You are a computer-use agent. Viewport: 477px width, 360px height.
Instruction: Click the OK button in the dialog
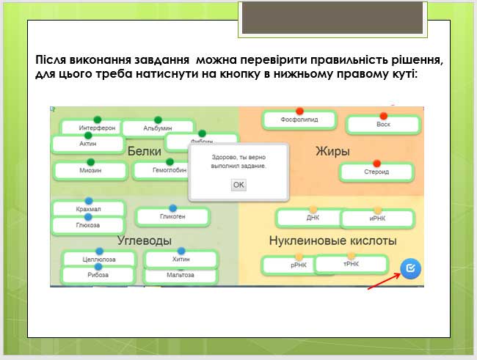coord(238,185)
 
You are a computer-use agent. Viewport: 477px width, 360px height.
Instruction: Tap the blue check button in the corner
coord(411,268)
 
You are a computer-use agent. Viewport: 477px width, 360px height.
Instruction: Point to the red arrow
coord(384,279)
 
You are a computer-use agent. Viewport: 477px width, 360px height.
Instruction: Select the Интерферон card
coord(98,128)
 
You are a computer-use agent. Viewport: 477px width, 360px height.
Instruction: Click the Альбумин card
coord(157,128)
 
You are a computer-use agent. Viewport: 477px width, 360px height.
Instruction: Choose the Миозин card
coord(91,170)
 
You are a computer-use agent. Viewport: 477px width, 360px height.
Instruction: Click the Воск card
coord(382,125)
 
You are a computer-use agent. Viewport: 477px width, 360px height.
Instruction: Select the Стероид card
coord(376,172)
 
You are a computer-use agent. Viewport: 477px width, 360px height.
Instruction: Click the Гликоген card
coord(172,216)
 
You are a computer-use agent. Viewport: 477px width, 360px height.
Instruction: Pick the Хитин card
coord(181,260)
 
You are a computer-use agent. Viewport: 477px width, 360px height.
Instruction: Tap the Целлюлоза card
coord(99,260)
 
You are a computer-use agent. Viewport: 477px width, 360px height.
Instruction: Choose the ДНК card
coord(313,218)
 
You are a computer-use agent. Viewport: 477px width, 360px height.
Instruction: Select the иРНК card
coord(378,218)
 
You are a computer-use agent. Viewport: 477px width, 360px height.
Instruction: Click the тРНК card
coord(351,264)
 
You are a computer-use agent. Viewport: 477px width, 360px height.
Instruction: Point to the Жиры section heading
coord(332,151)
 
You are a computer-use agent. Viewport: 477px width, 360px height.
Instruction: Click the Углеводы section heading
coord(144,240)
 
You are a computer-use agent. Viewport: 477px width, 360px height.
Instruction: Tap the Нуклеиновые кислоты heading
coord(332,240)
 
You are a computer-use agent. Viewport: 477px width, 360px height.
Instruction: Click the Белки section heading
coord(144,151)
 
